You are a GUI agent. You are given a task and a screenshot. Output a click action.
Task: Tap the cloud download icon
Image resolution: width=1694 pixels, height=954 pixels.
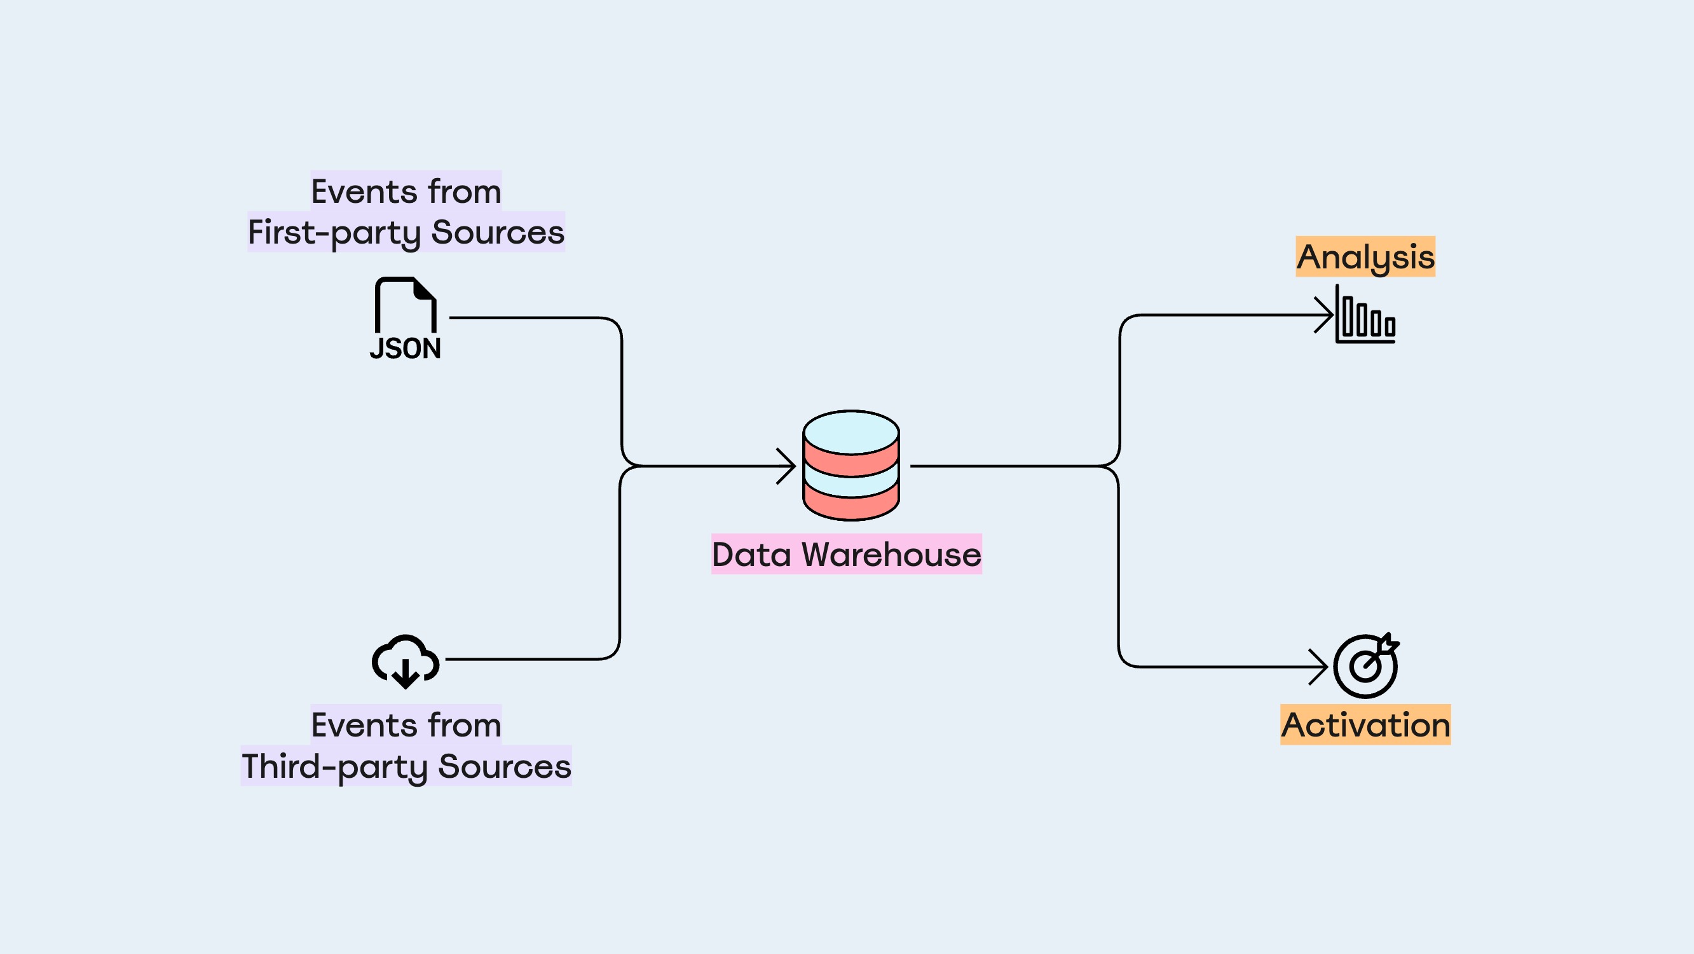pos(405,661)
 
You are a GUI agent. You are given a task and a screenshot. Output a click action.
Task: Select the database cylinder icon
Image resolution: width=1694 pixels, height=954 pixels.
pos(851,466)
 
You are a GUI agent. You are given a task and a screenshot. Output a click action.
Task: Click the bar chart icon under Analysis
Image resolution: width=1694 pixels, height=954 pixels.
pos(1366,316)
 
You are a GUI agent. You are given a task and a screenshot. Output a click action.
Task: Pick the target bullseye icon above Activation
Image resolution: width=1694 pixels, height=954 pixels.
pos(1366,666)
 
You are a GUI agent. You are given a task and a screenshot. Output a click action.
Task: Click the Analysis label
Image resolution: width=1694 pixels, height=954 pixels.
pos(1365,256)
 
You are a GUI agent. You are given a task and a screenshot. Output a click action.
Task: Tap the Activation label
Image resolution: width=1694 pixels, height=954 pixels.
pos(1365,725)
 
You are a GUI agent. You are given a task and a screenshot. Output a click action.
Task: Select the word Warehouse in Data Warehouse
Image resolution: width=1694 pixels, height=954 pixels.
pos(891,554)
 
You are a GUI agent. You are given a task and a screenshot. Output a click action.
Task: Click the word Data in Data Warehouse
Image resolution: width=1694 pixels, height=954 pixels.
pos(751,554)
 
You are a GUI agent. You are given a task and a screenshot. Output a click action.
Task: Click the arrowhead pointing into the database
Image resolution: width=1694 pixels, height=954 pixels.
pos(788,466)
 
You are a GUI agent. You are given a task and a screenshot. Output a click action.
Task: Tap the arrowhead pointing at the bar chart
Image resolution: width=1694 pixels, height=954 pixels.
pos(1325,315)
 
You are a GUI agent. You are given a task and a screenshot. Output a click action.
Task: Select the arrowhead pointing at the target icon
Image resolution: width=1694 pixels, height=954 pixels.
pos(1320,667)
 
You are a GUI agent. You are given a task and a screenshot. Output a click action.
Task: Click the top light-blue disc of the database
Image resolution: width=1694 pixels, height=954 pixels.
pos(851,432)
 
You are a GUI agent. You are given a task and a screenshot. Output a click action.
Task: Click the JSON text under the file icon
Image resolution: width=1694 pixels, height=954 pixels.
pos(405,349)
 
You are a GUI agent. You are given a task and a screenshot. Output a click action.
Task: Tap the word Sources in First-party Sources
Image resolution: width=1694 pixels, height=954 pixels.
pos(498,232)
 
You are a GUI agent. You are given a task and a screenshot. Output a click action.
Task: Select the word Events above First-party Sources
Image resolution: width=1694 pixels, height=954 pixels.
pos(364,191)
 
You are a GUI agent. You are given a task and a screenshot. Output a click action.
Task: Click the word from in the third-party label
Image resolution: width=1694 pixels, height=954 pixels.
pos(464,726)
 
